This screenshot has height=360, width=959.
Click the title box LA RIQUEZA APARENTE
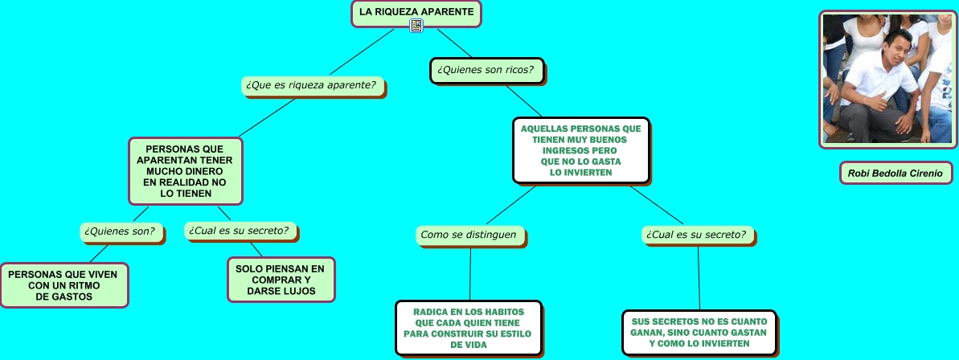tap(416, 13)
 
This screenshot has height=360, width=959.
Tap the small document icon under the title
tap(416, 27)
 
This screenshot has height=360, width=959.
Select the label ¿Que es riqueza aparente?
tap(312, 84)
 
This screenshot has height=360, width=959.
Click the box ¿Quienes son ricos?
tap(486, 70)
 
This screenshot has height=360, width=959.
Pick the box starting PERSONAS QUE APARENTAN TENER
tap(185, 170)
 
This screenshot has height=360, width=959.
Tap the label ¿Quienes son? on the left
tap(122, 231)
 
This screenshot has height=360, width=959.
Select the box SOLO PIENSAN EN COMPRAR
tap(280, 279)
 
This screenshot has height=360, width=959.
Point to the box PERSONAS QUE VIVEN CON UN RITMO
tap(64, 285)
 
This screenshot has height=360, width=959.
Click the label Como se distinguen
tap(470, 235)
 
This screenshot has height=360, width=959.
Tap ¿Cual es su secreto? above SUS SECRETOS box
tap(698, 235)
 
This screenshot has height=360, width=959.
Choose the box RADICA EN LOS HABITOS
tap(469, 328)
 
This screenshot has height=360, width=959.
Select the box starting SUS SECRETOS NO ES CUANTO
tap(699, 332)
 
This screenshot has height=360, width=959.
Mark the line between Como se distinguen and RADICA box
tap(470, 273)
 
